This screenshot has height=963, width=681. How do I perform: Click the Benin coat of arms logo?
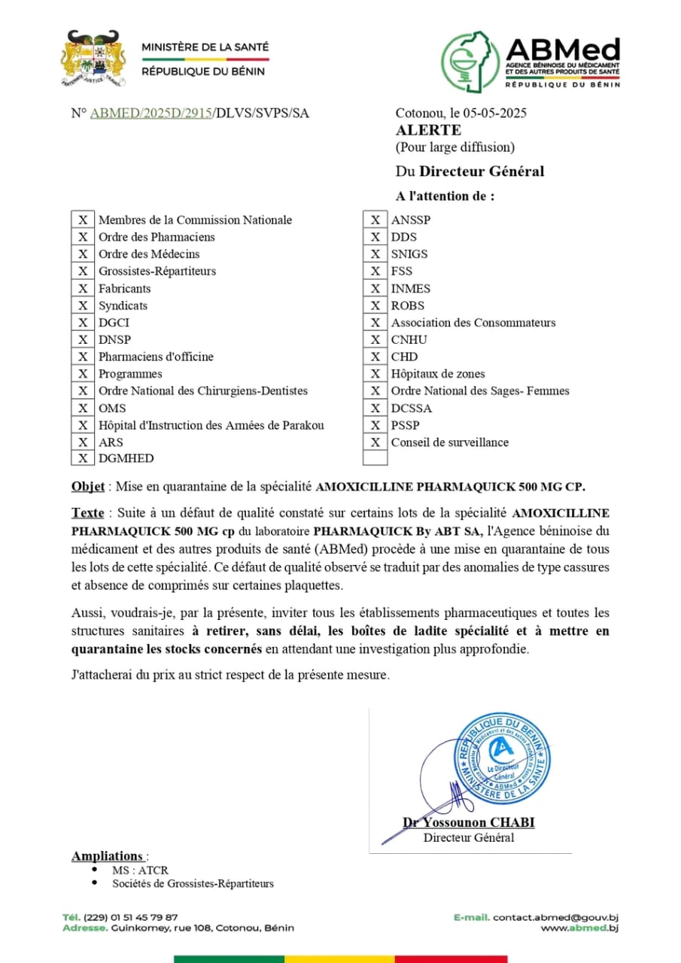coord(93,57)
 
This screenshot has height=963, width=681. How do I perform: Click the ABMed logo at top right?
coord(531,61)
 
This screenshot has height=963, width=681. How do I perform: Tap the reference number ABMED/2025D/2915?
coord(150,114)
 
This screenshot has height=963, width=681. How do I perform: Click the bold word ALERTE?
coord(428,130)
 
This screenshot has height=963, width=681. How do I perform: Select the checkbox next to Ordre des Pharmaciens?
coord(83,237)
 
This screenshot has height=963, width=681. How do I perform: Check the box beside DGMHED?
coord(83,458)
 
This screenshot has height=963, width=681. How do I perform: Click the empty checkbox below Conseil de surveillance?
coord(375,458)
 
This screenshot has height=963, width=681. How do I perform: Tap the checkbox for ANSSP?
coord(375,220)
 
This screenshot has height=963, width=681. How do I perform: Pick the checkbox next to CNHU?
coord(375,339)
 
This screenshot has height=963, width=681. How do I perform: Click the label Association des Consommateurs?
coord(473,323)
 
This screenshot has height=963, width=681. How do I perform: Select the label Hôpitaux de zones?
coord(438,374)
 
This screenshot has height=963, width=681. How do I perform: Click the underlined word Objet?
coord(88,486)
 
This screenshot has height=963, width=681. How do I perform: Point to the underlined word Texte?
coord(87,513)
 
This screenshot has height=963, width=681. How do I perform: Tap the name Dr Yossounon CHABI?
coord(469,823)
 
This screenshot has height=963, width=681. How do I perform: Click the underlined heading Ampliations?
coord(107,856)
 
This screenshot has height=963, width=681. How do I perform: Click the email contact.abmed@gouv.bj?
coord(555,918)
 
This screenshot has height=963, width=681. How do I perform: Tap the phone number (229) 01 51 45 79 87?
coord(131,917)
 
